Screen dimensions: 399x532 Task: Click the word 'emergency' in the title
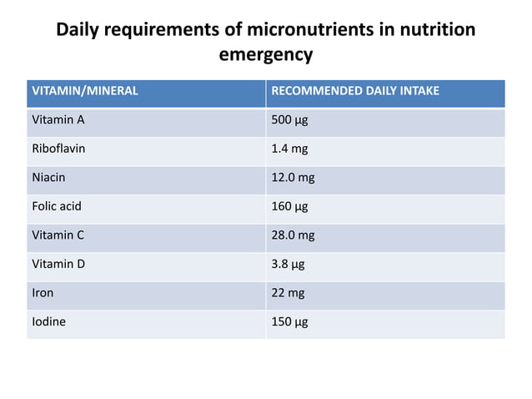265,56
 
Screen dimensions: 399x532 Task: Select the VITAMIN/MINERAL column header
84,91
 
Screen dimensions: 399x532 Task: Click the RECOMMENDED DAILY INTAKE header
355,91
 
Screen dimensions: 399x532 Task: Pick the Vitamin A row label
58,119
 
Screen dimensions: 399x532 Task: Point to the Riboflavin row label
58,149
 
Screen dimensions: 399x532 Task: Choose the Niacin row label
48,177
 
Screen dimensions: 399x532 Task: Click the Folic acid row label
57,206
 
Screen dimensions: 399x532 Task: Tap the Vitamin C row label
58,235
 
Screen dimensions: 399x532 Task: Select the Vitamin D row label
58,264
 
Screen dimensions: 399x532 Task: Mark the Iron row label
43,292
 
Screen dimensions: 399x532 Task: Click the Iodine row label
48,321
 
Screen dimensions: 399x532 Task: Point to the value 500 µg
290,119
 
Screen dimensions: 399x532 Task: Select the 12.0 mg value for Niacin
294,177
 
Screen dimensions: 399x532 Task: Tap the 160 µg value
290,206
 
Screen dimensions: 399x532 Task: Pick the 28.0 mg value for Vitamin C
294,235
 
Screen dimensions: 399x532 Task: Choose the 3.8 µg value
289,264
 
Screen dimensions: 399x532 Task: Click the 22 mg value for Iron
288,292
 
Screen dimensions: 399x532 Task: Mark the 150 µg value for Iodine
290,321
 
